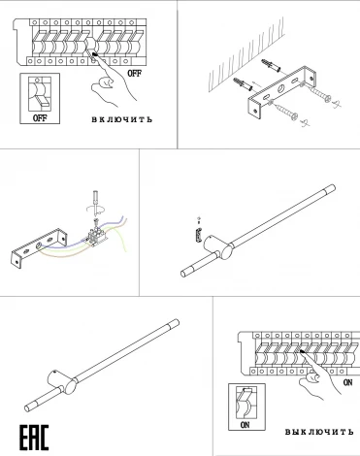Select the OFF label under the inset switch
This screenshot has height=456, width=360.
(x=40, y=117)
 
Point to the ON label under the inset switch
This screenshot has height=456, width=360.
(x=245, y=424)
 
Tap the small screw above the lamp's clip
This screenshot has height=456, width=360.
(x=198, y=217)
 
